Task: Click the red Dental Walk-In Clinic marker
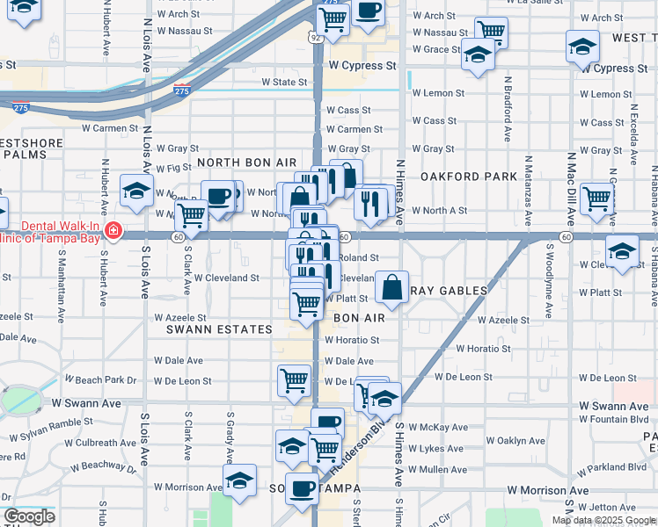(113, 231)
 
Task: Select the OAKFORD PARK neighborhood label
(468, 177)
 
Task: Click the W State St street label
(284, 83)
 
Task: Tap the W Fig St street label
(173, 167)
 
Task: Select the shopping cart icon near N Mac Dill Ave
(597, 199)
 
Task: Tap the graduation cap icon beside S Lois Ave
(137, 191)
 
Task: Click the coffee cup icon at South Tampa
(302, 487)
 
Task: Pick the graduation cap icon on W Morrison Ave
(239, 480)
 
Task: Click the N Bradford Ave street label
(508, 109)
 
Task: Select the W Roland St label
(357, 257)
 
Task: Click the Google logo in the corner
(29, 516)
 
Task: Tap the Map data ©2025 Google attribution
(603, 520)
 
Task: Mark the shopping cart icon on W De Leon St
(293, 379)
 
